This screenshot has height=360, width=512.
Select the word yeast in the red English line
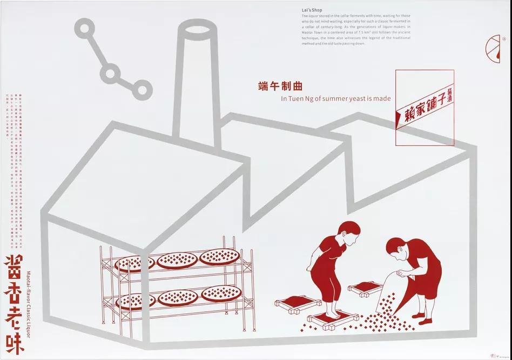pyautogui.click(x=355, y=99)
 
